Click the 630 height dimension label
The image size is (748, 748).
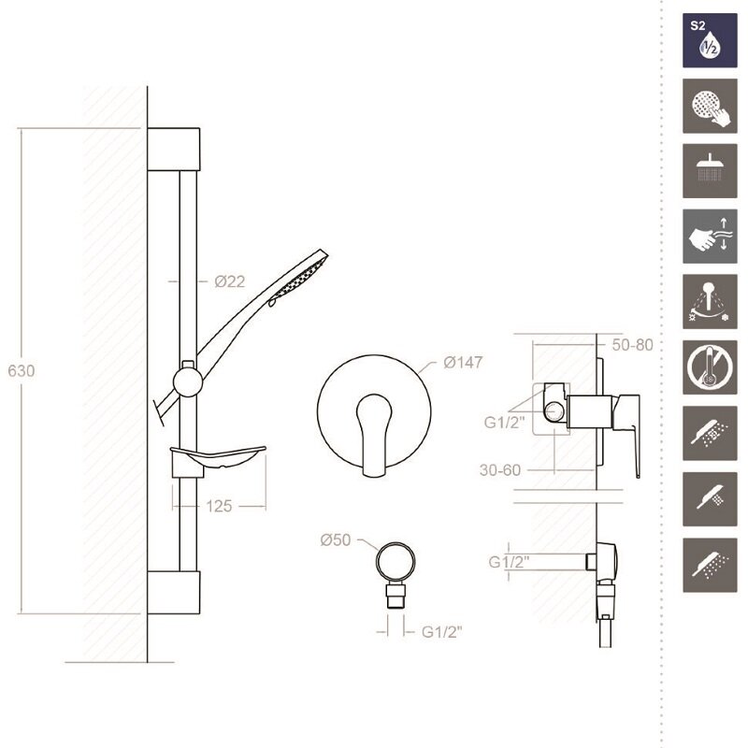click(21, 370)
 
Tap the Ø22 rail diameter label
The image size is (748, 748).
click(229, 281)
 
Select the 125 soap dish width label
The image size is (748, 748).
click(219, 506)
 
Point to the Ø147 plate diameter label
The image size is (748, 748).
click(463, 363)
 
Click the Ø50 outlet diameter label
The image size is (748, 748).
click(336, 540)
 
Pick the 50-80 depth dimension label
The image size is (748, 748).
click(632, 345)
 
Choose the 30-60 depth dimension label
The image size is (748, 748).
click(500, 470)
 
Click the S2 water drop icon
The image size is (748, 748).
click(710, 40)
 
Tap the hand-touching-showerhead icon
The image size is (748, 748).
click(710, 106)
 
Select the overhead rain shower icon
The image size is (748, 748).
click(710, 171)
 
